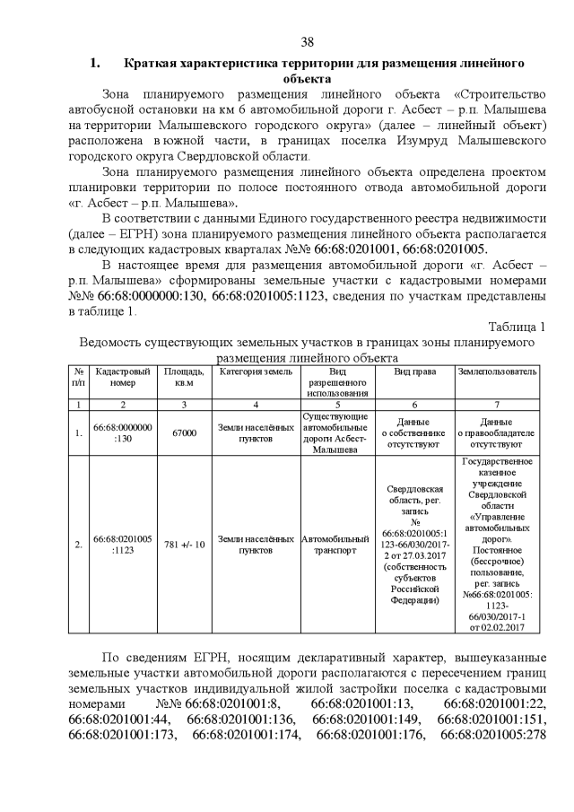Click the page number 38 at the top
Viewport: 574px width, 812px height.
pyautogui.click(x=307, y=42)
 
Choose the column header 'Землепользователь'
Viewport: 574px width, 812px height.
pyautogui.click(x=498, y=371)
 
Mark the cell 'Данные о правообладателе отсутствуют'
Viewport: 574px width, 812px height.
pyautogui.click(x=498, y=432)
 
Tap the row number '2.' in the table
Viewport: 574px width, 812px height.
pyautogui.click(x=79, y=545)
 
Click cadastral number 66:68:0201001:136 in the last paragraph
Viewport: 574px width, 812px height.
pyautogui.click(x=240, y=720)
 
